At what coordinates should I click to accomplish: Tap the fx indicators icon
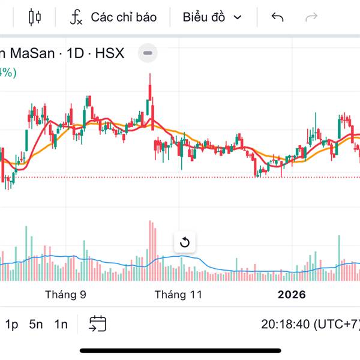[76, 17]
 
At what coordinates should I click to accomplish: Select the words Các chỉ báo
[124, 17]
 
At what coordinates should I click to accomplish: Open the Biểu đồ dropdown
[212, 17]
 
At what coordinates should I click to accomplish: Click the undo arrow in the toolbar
[277, 17]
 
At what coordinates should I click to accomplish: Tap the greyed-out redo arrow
[311, 17]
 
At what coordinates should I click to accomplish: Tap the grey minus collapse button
[148, 53]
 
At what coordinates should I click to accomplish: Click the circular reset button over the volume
[185, 243]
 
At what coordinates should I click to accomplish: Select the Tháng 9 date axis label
[65, 295]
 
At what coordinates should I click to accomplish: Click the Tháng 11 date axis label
[178, 295]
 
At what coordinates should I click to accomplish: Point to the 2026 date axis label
[291, 295]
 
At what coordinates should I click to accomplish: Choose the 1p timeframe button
[12, 325]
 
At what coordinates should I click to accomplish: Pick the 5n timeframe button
[36, 325]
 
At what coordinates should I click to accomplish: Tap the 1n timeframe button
[61, 325]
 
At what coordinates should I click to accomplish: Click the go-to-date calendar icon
[98, 324]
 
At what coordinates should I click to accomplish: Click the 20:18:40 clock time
[285, 325]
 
